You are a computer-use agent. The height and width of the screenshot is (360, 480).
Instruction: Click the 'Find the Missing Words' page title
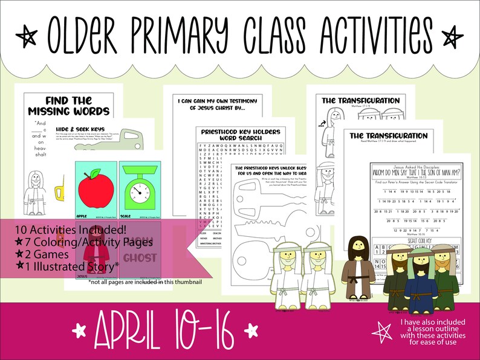point(68,106)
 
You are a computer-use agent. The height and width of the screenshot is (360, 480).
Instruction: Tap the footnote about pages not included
point(144,281)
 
